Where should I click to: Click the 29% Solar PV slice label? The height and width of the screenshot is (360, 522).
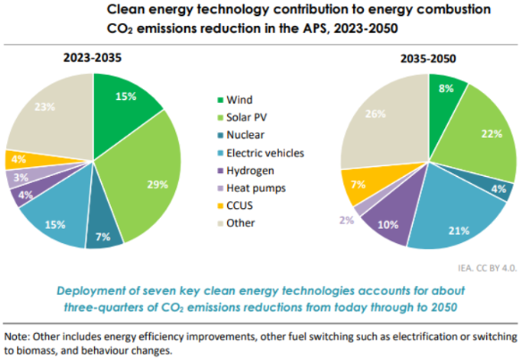click(157, 184)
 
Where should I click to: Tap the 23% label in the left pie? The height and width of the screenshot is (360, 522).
click(45, 107)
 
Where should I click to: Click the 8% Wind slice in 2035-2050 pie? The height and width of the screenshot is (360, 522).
click(445, 96)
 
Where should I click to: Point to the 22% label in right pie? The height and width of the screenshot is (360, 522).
click(492, 134)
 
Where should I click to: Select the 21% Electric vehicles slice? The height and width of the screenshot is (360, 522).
click(456, 220)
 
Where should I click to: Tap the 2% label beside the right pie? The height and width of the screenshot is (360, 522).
click(347, 220)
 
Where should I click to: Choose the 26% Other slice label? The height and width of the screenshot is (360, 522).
click(375, 113)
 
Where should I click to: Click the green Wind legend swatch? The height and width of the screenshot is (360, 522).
click(220, 100)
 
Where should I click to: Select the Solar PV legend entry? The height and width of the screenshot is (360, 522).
click(242, 117)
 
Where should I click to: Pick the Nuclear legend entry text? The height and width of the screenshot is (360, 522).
click(245, 135)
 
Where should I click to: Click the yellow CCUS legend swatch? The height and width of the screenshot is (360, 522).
click(220, 205)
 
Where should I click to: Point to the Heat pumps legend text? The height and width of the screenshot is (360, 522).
click(256, 188)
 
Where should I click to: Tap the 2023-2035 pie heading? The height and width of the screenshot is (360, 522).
click(93, 57)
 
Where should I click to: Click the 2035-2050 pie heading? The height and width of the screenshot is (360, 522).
click(428, 59)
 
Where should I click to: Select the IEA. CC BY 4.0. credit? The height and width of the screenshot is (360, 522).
click(487, 268)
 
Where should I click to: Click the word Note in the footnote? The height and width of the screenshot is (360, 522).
click(17, 337)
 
